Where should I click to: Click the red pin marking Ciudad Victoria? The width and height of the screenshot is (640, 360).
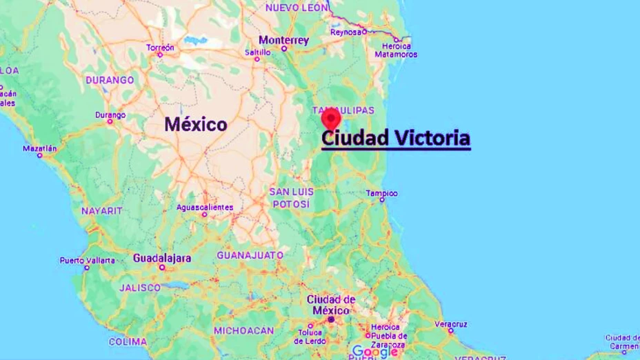click(x=331, y=117)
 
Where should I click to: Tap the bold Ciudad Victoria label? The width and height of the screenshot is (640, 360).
click(x=396, y=138)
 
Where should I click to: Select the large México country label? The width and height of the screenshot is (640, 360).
click(x=196, y=125)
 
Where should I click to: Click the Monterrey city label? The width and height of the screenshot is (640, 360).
click(x=283, y=40)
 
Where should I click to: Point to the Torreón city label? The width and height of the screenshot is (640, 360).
click(x=160, y=47)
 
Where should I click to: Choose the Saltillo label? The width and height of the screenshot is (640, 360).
click(x=257, y=52)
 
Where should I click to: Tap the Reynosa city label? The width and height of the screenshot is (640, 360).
click(x=345, y=32)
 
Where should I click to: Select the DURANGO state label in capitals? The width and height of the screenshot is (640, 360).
click(x=110, y=80)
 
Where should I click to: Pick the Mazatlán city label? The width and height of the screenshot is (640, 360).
click(x=40, y=148)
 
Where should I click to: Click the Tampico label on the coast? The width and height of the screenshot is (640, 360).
click(x=381, y=193)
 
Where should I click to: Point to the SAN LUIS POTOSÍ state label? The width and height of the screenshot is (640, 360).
click(x=292, y=197)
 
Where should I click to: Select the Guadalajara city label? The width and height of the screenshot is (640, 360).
click(x=162, y=258)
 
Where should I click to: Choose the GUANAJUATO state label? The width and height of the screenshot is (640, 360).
click(x=250, y=255)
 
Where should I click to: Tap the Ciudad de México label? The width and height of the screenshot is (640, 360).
click(x=331, y=304)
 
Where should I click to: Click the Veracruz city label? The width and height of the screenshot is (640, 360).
click(x=451, y=323)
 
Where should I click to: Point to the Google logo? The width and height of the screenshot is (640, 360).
click(x=374, y=351)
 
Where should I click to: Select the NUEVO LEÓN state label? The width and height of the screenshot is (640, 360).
click(x=296, y=7)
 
